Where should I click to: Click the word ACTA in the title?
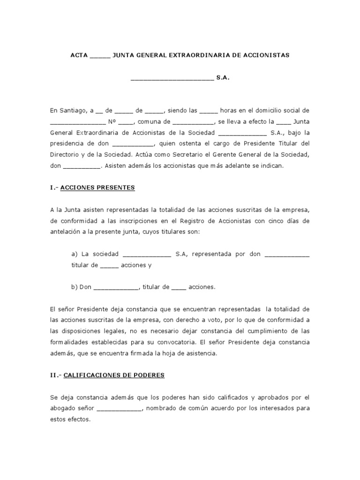[79, 55]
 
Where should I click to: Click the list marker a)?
[74, 254]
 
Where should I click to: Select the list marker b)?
[74, 287]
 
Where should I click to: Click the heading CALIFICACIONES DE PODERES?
[113, 375]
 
